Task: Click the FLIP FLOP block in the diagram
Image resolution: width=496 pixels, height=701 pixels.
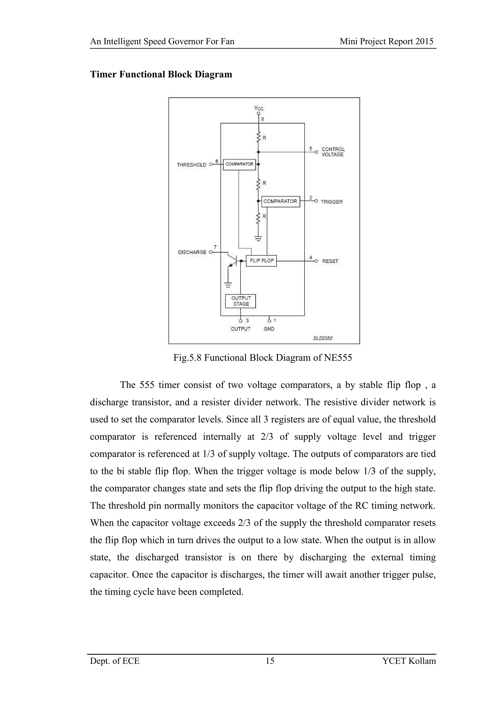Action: coord(261,261)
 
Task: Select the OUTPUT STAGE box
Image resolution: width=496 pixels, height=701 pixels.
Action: coord(241,301)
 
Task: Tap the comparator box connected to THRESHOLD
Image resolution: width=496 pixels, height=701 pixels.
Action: coord(239,164)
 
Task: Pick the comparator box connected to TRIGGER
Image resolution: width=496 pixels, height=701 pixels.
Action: coord(280,201)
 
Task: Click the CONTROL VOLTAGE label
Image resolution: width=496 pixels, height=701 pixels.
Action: coord(333,152)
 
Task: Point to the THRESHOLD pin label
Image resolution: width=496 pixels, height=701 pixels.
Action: coord(192,165)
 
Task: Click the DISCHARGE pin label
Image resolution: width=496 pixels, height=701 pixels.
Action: coord(192,252)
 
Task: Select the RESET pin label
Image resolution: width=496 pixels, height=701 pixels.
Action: coord(330,261)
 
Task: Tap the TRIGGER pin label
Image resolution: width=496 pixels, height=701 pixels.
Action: coord(332,202)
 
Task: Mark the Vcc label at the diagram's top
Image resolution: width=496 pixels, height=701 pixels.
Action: coord(259,108)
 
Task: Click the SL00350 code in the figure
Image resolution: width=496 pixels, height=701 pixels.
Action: coord(323,338)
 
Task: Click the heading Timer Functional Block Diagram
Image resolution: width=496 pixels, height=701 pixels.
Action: coord(161,75)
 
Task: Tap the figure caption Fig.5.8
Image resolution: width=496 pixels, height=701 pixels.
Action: coord(263,358)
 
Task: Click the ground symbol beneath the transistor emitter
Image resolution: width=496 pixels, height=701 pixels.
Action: coord(228,285)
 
